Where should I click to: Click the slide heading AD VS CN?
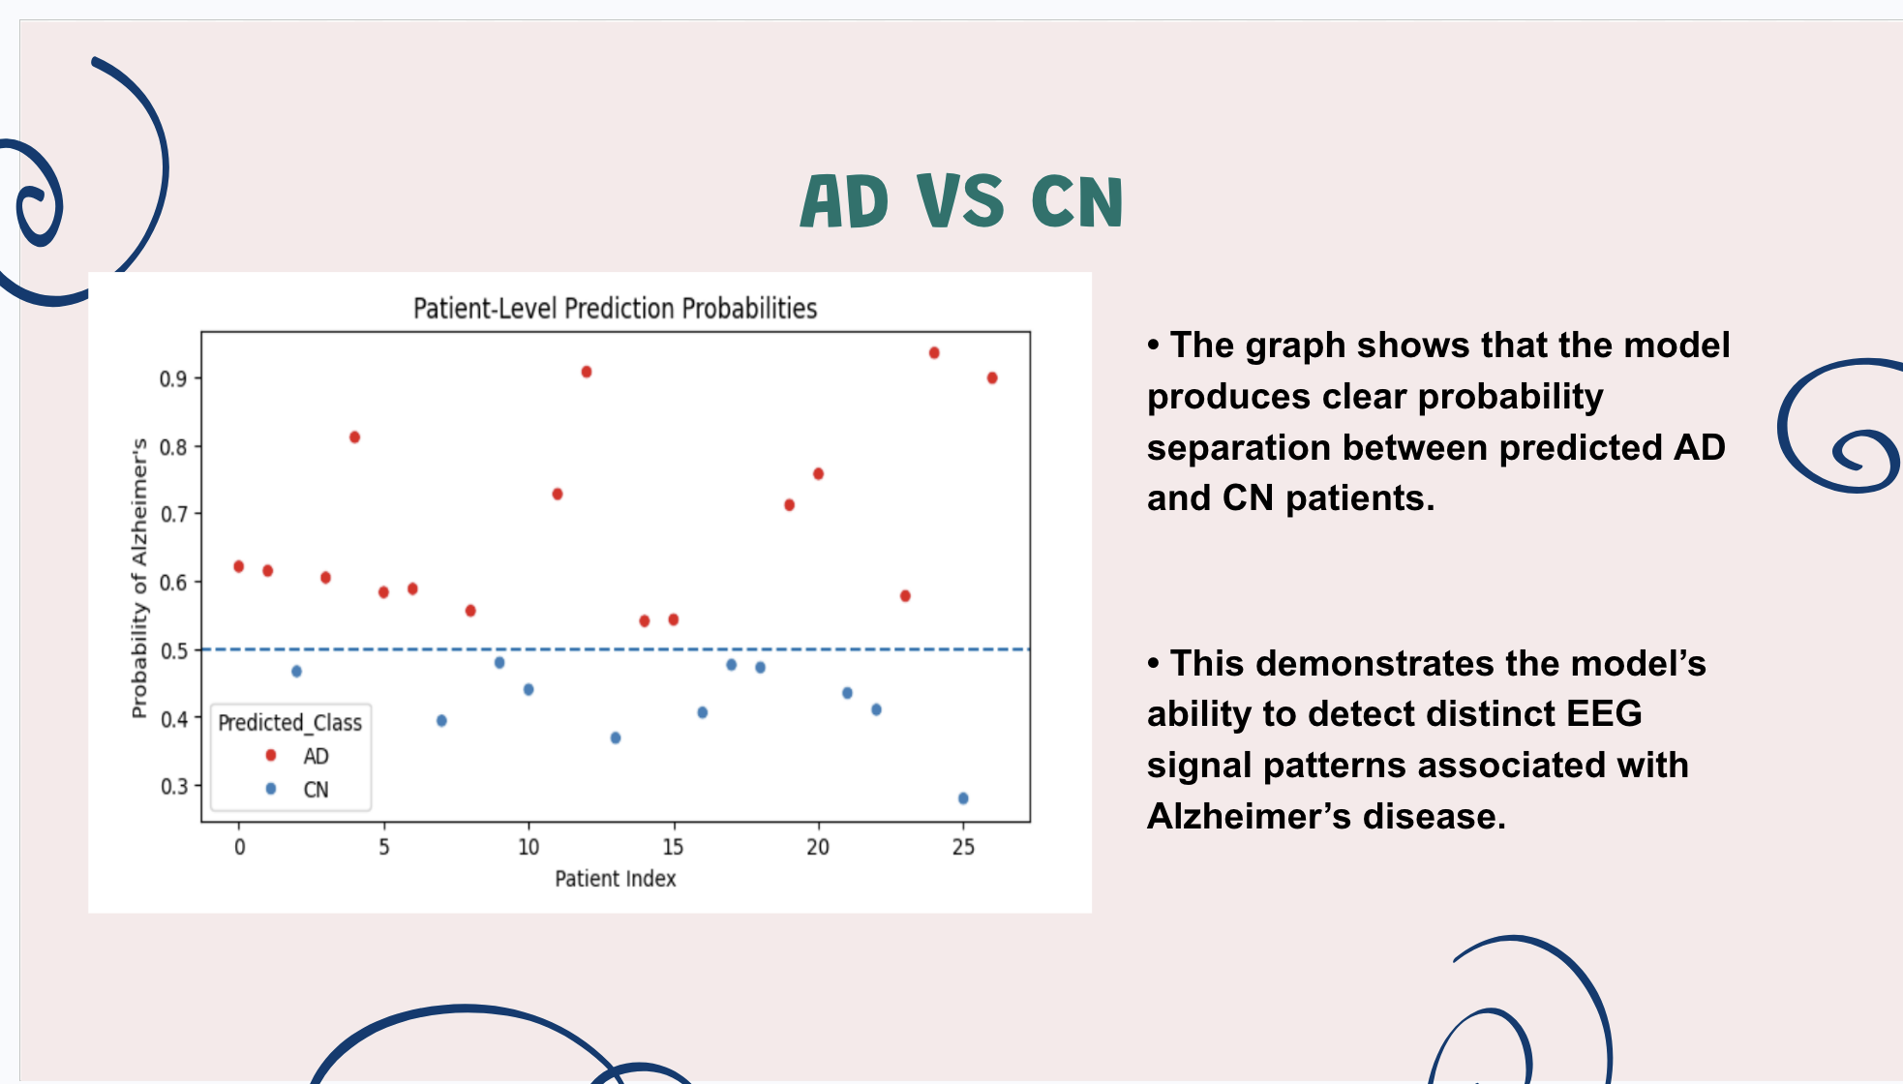pyautogui.click(x=961, y=201)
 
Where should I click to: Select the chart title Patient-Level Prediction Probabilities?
pyautogui.click(x=615, y=309)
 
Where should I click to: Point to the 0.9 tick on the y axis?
pyautogui.click(x=173, y=378)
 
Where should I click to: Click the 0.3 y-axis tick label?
pyautogui.click(x=173, y=786)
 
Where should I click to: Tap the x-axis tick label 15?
pyautogui.click(x=673, y=847)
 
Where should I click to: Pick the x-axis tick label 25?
pyautogui.click(x=963, y=847)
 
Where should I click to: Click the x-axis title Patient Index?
pyautogui.click(x=615, y=879)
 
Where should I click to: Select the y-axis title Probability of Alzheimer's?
pyautogui.click(x=139, y=578)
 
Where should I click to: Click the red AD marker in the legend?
pyautogui.click(x=271, y=755)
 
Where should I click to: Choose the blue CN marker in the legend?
pyautogui.click(x=271, y=789)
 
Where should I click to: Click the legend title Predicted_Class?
pyautogui.click(x=289, y=723)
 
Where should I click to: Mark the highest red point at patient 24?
pyautogui.click(x=934, y=353)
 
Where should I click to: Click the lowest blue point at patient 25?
pyautogui.click(x=963, y=798)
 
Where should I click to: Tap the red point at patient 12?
pyautogui.click(x=587, y=372)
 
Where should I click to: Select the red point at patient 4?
pyautogui.click(x=355, y=437)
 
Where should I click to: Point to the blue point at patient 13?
pyautogui.click(x=616, y=738)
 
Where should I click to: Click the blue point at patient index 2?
pyautogui.click(x=297, y=671)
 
